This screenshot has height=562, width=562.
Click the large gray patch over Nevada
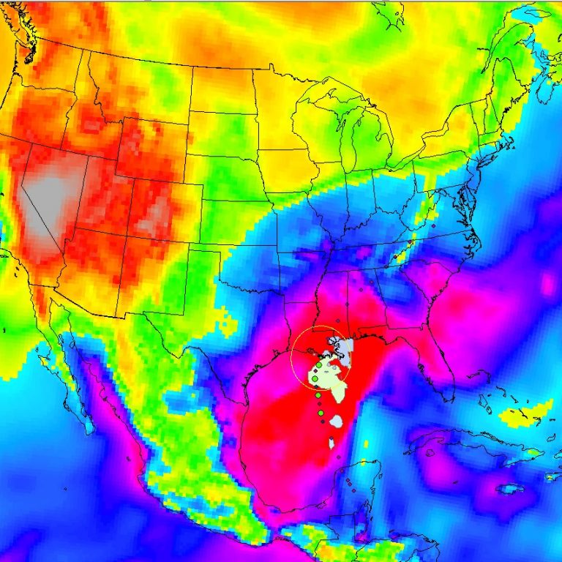click(x=48, y=198)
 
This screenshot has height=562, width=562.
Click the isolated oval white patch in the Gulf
click(x=337, y=422)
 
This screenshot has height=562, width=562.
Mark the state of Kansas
click(x=234, y=220)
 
